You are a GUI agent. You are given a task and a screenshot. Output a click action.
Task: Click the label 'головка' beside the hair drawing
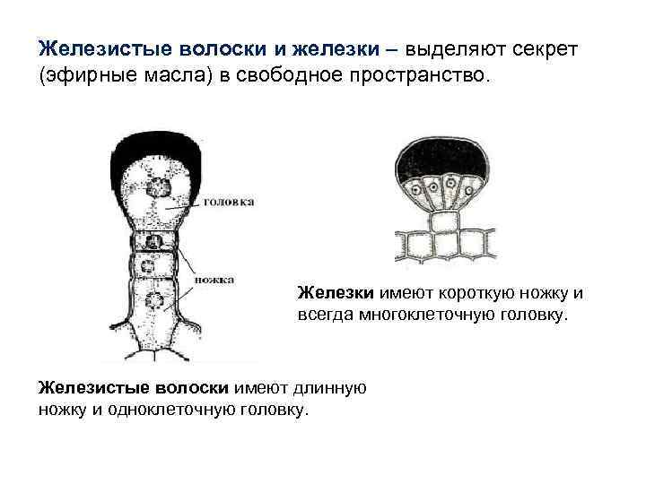[x=230, y=202]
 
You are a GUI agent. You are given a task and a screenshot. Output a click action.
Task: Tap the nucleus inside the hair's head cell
[x=161, y=187]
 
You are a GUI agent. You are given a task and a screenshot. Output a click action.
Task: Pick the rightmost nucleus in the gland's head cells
[x=474, y=189]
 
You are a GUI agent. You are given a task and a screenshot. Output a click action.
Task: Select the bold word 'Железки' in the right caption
[x=336, y=292]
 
